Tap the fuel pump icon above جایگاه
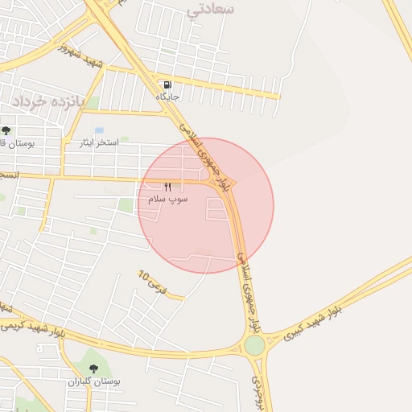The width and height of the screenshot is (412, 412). pos(167,84)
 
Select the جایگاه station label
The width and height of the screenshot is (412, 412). pos(167,97)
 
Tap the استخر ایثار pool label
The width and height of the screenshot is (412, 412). pos(98,143)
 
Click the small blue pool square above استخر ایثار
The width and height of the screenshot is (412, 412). pos(99,130)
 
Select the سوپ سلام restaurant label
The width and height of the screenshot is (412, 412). pos(167,199)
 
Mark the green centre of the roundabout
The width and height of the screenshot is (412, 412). pos(254,345)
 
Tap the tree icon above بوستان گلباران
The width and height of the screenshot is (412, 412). pos(93,369)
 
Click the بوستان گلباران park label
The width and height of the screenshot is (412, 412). pos(93,381)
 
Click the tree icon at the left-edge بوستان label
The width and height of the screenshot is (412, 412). pos(6,130)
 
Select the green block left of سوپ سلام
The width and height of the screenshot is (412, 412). pos(126,205)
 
